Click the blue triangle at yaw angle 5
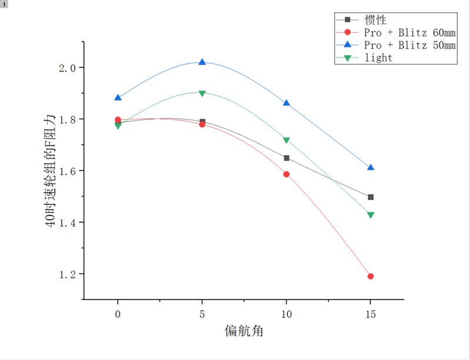(x=202, y=62)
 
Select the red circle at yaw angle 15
(x=371, y=276)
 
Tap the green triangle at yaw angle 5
(x=202, y=93)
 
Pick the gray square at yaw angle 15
(x=371, y=197)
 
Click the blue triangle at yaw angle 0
(x=118, y=97)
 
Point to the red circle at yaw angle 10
(x=286, y=174)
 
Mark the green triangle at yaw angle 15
(x=371, y=216)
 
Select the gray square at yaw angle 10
(x=286, y=158)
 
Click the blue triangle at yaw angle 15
(x=371, y=167)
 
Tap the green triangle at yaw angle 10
(x=286, y=141)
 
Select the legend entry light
(x=378, y=58)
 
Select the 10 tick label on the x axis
(x=286, y=314)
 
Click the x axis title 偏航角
(x=244, y=331)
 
